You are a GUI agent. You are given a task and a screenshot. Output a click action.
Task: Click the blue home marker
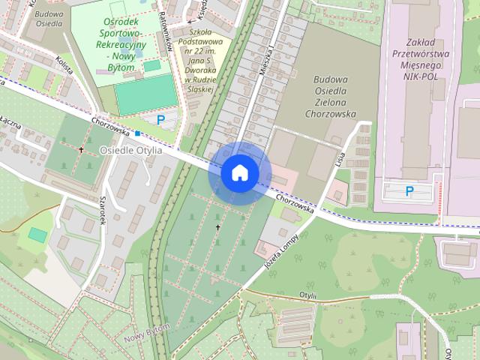point(239,172)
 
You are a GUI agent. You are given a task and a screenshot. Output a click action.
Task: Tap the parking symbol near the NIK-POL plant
point(409,191)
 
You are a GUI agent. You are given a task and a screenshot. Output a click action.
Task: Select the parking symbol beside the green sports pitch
point(160,119)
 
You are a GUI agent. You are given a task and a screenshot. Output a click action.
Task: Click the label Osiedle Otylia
point(130,150)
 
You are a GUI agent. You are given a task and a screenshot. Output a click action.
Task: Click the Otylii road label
point(307,296)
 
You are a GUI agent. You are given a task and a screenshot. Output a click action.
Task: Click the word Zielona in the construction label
point(330,103)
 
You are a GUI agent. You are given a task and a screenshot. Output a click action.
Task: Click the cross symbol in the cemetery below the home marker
point(218,226)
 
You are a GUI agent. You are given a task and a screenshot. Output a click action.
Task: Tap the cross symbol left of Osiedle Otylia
point(81,149)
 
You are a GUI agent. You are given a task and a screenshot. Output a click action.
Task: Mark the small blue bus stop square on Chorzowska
point(138,133)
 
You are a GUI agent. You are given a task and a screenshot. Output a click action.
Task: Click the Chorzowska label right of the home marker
point(292,202)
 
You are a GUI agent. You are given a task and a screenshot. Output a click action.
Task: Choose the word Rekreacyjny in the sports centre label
point(121,46)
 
